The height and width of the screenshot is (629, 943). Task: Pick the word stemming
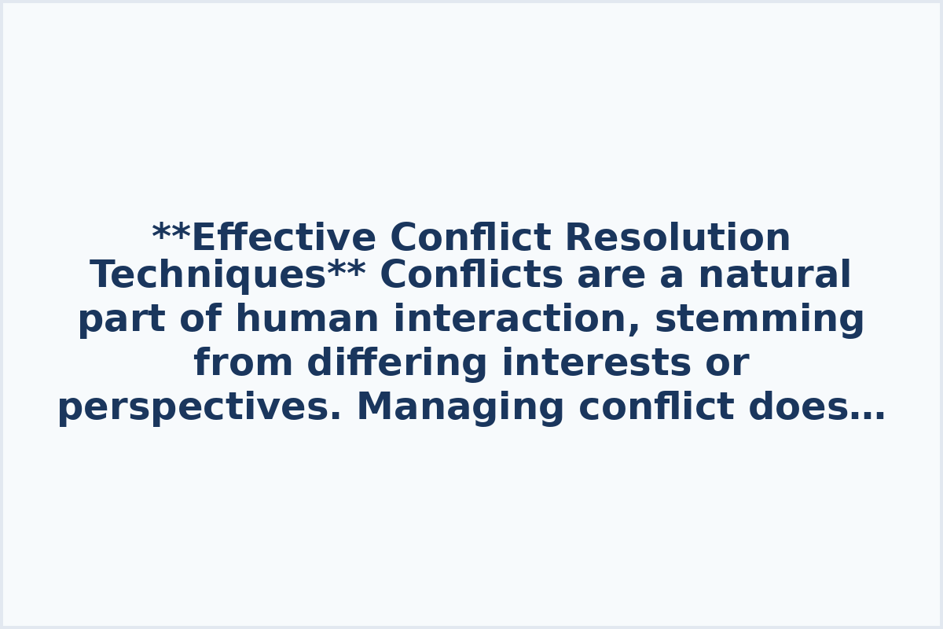click(759, 320)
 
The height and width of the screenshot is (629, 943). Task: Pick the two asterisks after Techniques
click(347, 270)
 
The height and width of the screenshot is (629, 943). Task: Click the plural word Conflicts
click(472, 276)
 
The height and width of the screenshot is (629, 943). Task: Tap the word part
click(122, 320)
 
